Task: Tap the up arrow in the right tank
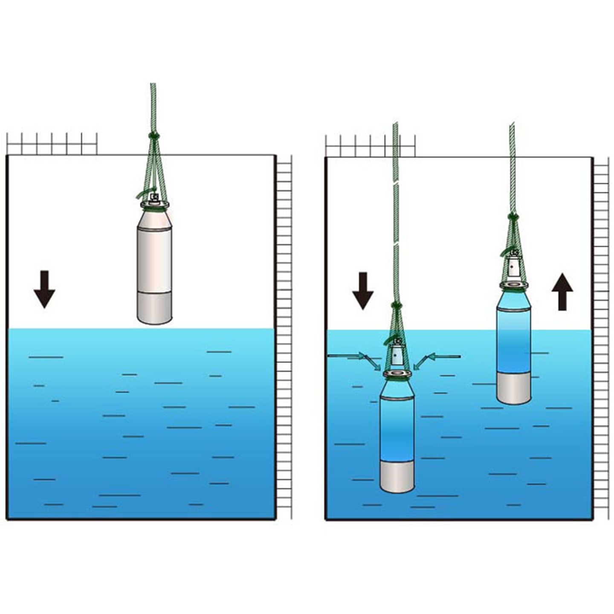(562, 292)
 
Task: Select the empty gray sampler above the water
(154, 264)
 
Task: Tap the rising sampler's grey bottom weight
(513, 389)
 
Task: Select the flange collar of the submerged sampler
(397, 374)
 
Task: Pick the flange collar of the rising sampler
(514, 284)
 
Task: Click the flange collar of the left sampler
(154, 205)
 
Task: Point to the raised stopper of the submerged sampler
(397, 354)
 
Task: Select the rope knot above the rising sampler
(513, 216)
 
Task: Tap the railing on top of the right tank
(370, 146)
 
